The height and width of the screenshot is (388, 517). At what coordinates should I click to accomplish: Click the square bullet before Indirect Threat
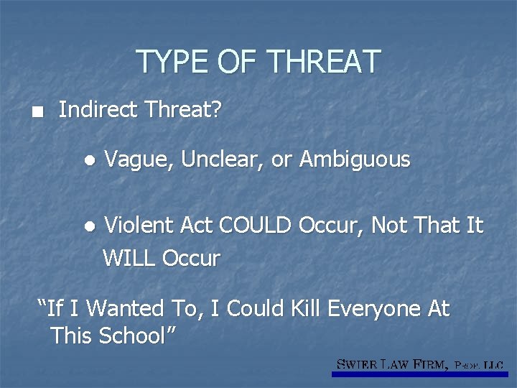pos(27,113)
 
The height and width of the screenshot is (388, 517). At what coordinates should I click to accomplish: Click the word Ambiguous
pos(355,160)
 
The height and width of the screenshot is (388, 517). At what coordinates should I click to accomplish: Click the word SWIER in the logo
pos(358,365)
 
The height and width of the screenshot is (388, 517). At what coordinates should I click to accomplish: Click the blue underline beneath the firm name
pos(420,374)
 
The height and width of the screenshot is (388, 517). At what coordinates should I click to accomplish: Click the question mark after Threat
pos(217,110)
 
